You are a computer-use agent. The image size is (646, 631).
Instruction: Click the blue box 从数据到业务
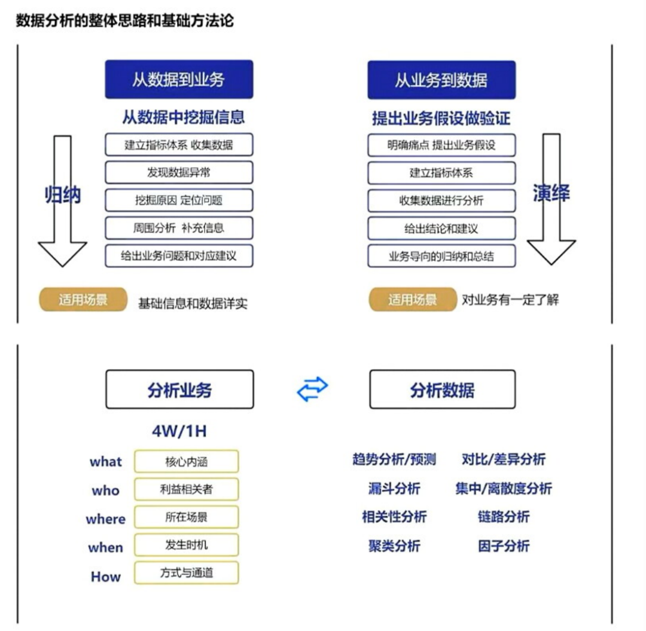pyautogui.click(x=179, y=79)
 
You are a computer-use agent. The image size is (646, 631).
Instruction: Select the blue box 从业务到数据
pyautogui.click(x=441, y=80)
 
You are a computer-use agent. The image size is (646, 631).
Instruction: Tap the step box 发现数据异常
pyautogui.click(x=179, y=172)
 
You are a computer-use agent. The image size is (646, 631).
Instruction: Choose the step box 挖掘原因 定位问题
pyautogui.click(x=179, y=200)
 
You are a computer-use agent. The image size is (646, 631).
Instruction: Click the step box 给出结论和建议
pyautogui.click(x=441, y=228)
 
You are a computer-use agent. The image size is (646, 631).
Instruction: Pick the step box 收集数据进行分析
pyautogui.click(x=441, y=200)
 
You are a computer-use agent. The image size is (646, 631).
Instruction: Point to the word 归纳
pyautogui.click(x=63, y=195)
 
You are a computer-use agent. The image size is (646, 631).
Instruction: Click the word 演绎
pyautogui.click(x=551, y=193)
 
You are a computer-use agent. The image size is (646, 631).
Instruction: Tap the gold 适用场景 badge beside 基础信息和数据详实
pyautogui.click(x=83, y=300)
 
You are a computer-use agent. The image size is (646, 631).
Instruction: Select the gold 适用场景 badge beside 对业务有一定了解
pyautogui.click(x=412, y=300)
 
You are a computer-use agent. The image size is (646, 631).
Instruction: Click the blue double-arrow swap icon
pyautogui.click(x=312, y=389)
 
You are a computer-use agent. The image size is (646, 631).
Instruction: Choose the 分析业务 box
pyautogui.click(x=179, y=389)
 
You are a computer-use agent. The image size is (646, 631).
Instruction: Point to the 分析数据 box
pyautogui.click(x=443, y=389)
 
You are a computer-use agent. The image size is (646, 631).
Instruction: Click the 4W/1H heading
pyautogui.click(x=179, y=431)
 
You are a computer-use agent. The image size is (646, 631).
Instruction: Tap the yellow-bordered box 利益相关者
pyautogui.click(x=186, y=489)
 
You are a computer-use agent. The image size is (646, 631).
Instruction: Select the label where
pyautogui.click(x=105, y=519)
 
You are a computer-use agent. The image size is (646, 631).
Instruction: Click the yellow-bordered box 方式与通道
pyautogui.click(x=186, y=572)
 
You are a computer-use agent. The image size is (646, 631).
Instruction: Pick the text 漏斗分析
pyautogui.click(x=394, y=489)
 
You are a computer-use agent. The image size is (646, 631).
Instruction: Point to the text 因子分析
pyautogui.click(x=504, y=546)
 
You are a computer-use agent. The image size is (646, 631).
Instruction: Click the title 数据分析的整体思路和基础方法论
pyautogui.click(x=125, y=20)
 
